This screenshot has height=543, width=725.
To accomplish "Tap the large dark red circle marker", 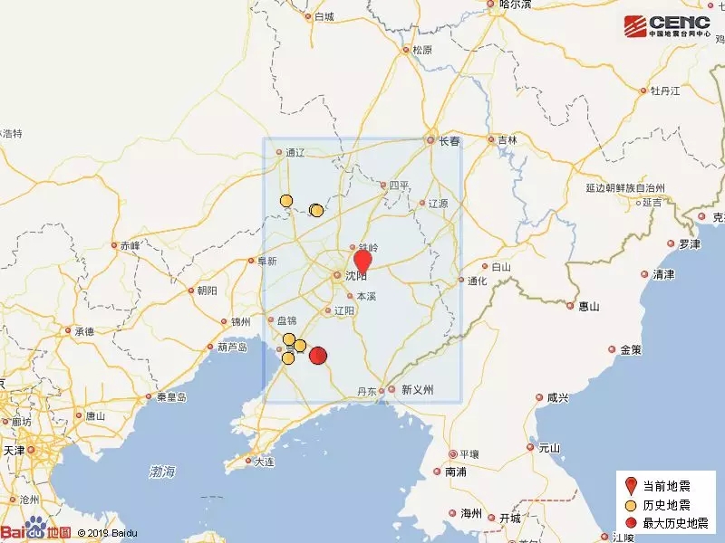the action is click(318, 356).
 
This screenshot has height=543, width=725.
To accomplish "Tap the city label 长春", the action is click(449, 141).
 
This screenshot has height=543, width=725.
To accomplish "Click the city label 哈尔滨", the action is click(516, 5).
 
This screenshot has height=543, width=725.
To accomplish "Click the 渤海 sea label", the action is click(163, 472).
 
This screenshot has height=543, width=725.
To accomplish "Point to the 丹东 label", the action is click(366, 391).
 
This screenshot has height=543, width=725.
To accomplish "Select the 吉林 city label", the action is click(506, 140).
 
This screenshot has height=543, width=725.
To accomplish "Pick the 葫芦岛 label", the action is click(228, 347).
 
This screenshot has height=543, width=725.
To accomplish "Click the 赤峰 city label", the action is click(130, 245).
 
